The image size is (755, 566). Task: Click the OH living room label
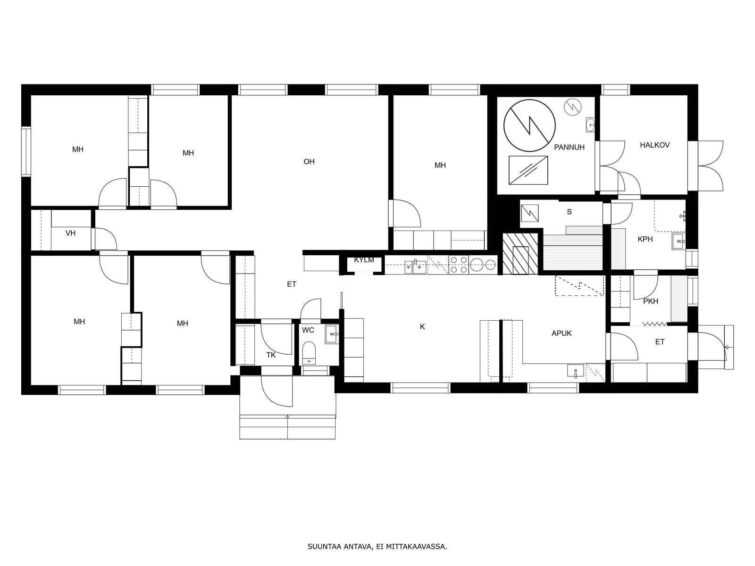point(309,161)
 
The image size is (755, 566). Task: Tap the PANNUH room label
point(569,148)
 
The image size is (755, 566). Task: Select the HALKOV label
point(654,145)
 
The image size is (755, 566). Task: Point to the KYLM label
point(364,260)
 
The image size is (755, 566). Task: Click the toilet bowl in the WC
point(309,353)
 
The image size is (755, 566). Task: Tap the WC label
point(308,330)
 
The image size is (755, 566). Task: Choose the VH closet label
point(70,233)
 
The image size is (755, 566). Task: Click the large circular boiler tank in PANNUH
point(529,125)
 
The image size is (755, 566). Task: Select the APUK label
point(562,333)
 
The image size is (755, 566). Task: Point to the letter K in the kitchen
point(422,327)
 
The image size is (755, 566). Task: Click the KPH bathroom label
point(645,239)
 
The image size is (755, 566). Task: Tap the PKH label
point(650,301)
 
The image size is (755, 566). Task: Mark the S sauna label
point(569,212)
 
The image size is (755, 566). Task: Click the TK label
point(271,355)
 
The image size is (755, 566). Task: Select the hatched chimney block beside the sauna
point(520,254)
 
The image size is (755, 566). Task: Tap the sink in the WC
point(332,334)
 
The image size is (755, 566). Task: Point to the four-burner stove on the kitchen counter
point(459,265)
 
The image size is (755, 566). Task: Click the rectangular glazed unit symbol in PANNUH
point(528,170)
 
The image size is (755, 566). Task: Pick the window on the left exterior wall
point(26,151)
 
